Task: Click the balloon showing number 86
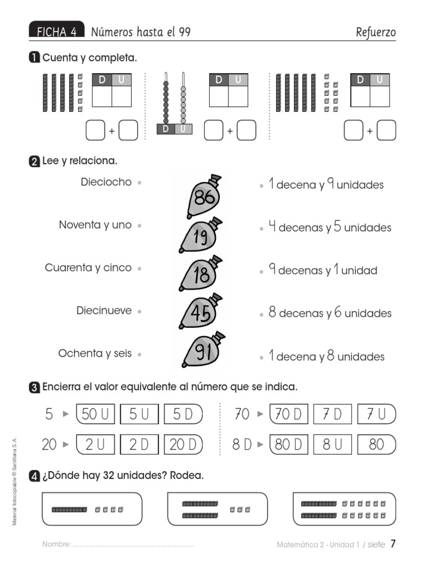(x=201, y=197)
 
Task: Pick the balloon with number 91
(x=203, y=353)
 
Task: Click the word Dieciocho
(x=106, y=182)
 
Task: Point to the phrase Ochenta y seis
(x=95, y=353)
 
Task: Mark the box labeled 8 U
(x=333, y=444)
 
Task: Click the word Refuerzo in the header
(x=376, y=32)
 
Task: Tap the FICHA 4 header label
(x=56, y=32)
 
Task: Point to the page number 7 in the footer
(x=393, y=544)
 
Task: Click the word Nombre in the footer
(x=56, y=545)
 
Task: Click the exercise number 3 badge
(x=34, y=388)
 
